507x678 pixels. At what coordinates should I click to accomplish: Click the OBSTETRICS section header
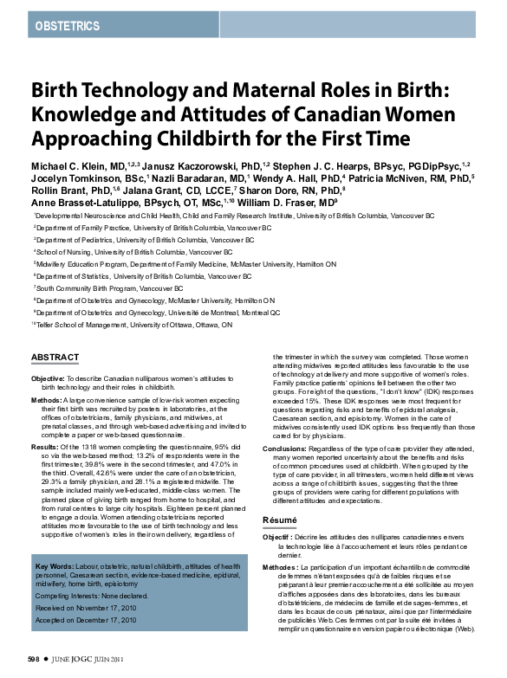[x=67, y=26]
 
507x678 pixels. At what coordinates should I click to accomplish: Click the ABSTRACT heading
[x=55, y=358]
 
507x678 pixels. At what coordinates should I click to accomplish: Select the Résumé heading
[x=279, y=520]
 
